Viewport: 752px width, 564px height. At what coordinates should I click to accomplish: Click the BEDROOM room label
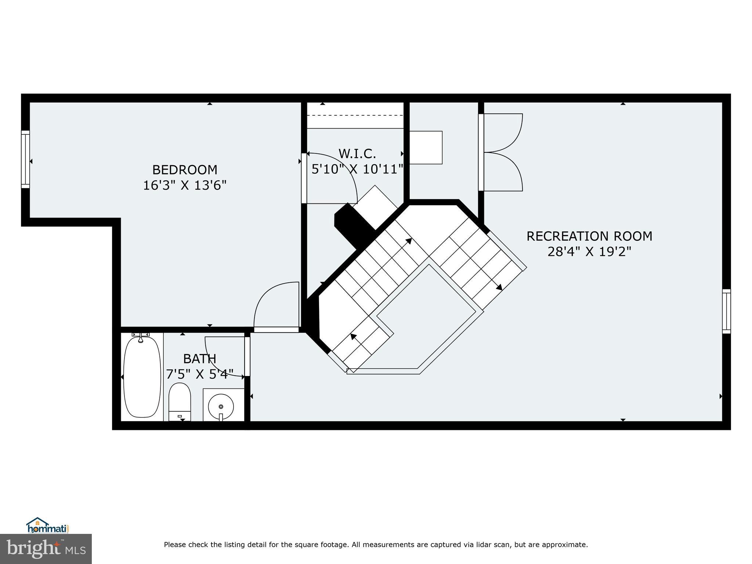185,170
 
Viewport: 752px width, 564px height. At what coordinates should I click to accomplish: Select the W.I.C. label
357,153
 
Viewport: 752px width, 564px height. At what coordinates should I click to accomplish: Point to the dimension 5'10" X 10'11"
357,169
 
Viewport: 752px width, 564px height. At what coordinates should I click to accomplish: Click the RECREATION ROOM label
589,236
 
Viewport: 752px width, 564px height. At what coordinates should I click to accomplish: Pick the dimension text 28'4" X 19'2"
589,252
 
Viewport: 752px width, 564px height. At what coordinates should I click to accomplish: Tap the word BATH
199,358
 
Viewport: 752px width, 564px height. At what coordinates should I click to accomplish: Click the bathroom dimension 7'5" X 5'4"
199,374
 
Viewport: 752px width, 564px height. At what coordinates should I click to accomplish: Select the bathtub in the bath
142,377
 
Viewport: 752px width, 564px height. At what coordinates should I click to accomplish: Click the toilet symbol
180,402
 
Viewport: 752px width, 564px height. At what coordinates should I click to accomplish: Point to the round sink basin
221,406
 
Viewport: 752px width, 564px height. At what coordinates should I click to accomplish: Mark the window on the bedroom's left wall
25,159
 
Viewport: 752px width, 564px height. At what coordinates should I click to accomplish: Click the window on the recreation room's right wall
726,311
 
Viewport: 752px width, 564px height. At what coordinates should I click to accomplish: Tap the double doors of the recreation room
501,152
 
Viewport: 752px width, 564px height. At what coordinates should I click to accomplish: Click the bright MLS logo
46,549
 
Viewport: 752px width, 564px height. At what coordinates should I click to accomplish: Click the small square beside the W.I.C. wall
426,147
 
